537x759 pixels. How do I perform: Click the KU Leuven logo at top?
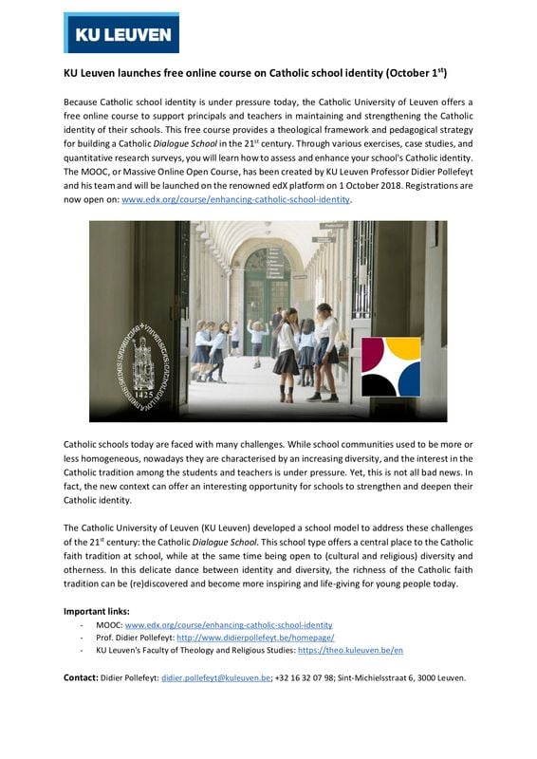click(x=120, y=33)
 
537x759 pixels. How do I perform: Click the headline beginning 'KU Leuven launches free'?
click(x=254, y=72)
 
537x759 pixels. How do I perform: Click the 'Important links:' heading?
click(x=96, y=611)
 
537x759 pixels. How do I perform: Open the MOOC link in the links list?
click(x=229, y=625)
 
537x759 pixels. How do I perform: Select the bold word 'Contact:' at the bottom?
click(x=81, y=678)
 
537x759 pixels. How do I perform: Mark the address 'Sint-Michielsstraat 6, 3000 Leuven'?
click(x=410, y=678)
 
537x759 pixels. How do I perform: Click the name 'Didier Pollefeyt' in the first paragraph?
click(x=445, y=172)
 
